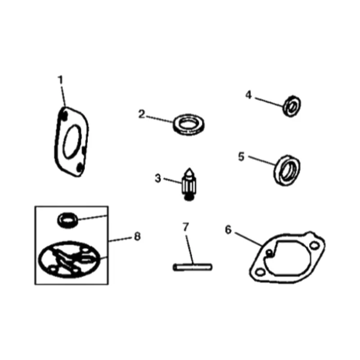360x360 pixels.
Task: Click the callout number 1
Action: tap(61, 80)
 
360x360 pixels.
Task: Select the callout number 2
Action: tap(141, 114)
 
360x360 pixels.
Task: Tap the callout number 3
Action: tap(157, 178)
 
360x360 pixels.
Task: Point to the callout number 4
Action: tap(248, 95)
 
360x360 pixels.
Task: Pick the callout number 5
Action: tap(241, 156)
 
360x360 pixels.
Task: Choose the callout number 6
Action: tap(228, 229)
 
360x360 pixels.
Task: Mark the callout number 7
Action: tap(185, 227)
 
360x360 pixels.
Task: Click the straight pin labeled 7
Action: tap(192, 267)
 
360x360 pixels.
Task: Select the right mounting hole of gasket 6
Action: tap(314, 245)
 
